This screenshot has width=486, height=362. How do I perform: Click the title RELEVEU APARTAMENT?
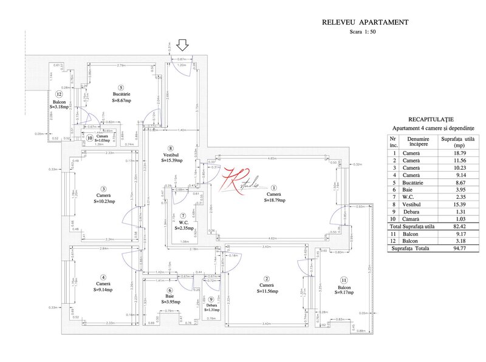364,22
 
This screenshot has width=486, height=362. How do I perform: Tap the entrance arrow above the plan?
182,44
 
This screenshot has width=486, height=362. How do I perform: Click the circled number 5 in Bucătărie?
121,87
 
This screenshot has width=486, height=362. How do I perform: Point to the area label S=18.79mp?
275,199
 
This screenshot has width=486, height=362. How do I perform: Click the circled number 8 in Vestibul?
171,148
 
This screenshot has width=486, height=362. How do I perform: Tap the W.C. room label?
183,223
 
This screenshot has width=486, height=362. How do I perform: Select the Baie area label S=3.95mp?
171,301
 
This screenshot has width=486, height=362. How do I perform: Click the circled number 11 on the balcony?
344,280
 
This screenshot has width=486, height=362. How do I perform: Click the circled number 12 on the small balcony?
59,94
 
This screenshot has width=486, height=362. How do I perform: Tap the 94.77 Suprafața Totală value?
451,249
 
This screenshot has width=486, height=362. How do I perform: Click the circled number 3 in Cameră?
104,189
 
